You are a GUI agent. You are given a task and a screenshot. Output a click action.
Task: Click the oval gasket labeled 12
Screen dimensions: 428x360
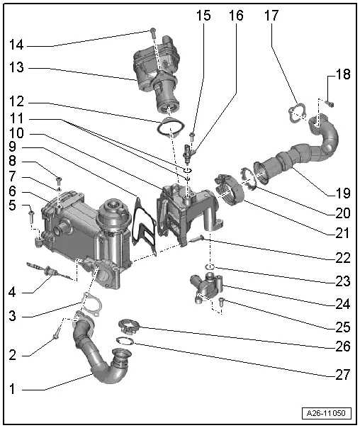[169, 130]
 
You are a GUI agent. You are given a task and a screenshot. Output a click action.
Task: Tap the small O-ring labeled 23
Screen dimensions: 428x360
[210, 268]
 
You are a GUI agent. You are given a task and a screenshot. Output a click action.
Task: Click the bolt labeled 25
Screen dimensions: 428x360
[222, 303]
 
